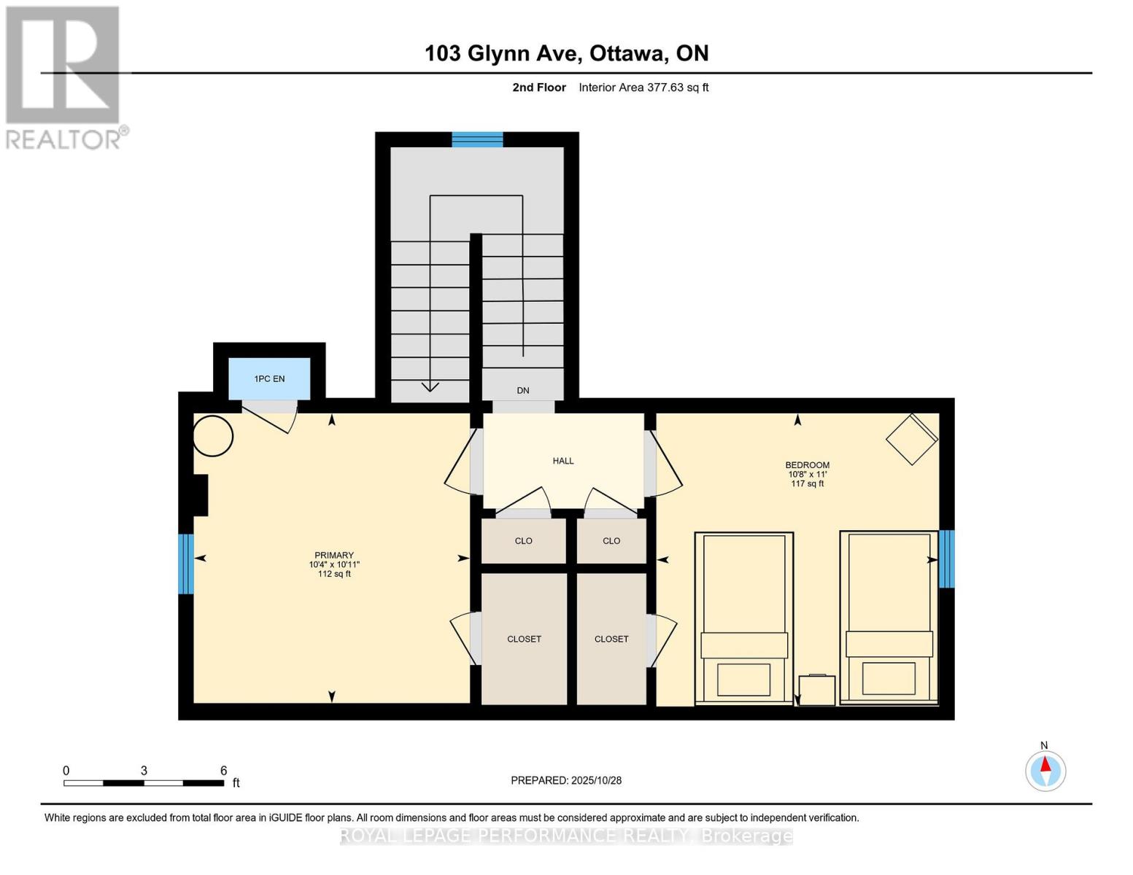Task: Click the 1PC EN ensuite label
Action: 269,379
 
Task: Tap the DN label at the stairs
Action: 523,391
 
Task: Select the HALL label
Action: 563,461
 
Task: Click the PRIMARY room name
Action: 334,556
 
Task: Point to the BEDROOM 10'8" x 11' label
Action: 807,474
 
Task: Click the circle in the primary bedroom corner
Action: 213,436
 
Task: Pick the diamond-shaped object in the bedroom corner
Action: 911,439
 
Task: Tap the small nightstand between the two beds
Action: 817,690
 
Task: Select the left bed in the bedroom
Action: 744,618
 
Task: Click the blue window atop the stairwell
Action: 477,140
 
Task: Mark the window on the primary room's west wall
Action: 186,564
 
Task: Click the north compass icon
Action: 1045,771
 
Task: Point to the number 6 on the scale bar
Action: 224,771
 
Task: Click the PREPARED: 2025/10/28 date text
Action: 566,780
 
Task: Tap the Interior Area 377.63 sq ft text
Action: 643,87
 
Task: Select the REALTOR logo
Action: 64,77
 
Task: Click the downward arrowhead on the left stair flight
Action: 430,386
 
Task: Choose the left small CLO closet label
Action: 524,541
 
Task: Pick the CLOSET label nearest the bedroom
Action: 611,639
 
